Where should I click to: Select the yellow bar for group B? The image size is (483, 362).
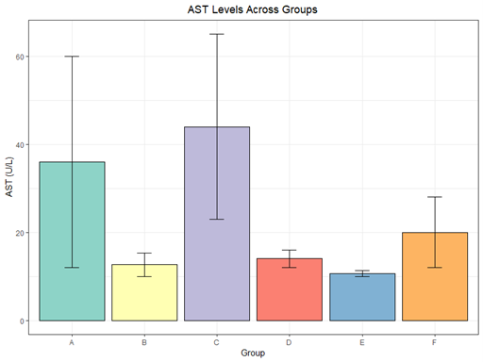pyautogui.click(x=144, y=292)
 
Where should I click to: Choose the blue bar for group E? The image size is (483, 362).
pyautogui.click(x=362, y=297)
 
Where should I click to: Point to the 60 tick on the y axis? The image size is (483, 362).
pyautogui.click(x=22, y=57)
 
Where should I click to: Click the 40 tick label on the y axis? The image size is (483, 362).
pyautogui.click(x=22, y=144)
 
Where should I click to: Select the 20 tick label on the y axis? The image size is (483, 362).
pyautogui.click(x=22, y=233)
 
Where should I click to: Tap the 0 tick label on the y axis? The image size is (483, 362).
pyautogui.click(x=25, y=321)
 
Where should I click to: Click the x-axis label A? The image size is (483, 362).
pyautogui.click(x=72, y=341)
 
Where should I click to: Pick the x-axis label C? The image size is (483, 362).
pyautogui.click(x=217, y=341)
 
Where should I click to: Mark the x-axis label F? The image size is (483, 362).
pyautogui.click(x=435, y=341)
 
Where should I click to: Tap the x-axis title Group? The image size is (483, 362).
pyautogui.click(x=253, y=354)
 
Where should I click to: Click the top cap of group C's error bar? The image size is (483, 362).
pyautogui.click(x=217, y=34)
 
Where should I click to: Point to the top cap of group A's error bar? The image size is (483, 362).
pyautogui.click(x=72, y=57)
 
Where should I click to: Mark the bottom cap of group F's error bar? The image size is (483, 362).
pyautogui.click(x=435, y=268)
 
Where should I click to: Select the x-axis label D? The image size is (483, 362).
pyautogui.click(x=290, y=341)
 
